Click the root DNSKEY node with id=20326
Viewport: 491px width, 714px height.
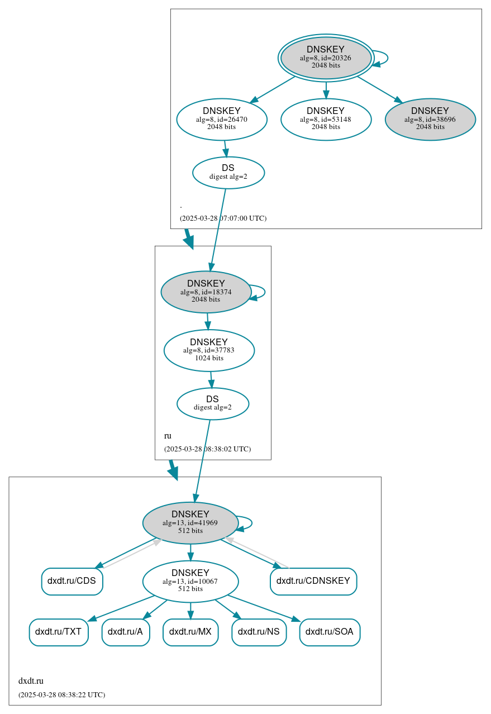pyautogui.click(x=326, y=58)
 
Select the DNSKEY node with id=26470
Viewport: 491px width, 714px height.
pyautogui.click(x=222, y=119)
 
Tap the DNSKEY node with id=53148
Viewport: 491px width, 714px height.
pyautogui.click(x=326, y=119)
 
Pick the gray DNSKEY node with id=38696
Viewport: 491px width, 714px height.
pyautogui.click(x=430, y=119)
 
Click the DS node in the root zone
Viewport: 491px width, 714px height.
pyautogui.click(x=228, y=173)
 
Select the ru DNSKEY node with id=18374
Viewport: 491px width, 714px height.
pyautogui.click(x=206, y=292)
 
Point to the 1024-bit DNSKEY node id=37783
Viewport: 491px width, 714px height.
pyautogui.click(x=209, y=350)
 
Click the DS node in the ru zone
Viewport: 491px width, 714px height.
pyautogui.click(x=212, y=403)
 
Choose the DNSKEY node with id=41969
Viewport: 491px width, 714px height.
pyautogui.click(x=190, y=523)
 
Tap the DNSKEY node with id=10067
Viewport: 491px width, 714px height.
pyautogui.click(x=190, y=581)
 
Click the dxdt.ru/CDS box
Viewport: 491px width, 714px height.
pyautogui.click(x=71, y=581)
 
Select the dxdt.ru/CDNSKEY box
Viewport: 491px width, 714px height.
pyautogui.click(x=313, y=581)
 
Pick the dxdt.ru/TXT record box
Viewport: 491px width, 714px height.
pyautogui.click(x=58, y=632)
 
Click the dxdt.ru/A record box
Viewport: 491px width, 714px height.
pyautogui.click(x=125, y=632)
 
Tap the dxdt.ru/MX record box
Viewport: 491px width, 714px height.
pyautogui.click(x=190, y=632)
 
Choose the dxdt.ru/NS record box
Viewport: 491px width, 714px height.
pyautogui.click(x=259, y=632)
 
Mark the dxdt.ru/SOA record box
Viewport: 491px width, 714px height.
pyautogui.click(x=330, y=632)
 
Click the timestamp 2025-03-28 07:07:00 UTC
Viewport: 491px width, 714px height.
pyautogui.click(x=223, y=218)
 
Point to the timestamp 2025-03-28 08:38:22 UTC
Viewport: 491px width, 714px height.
pyautogui.click(x=61, y=695)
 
